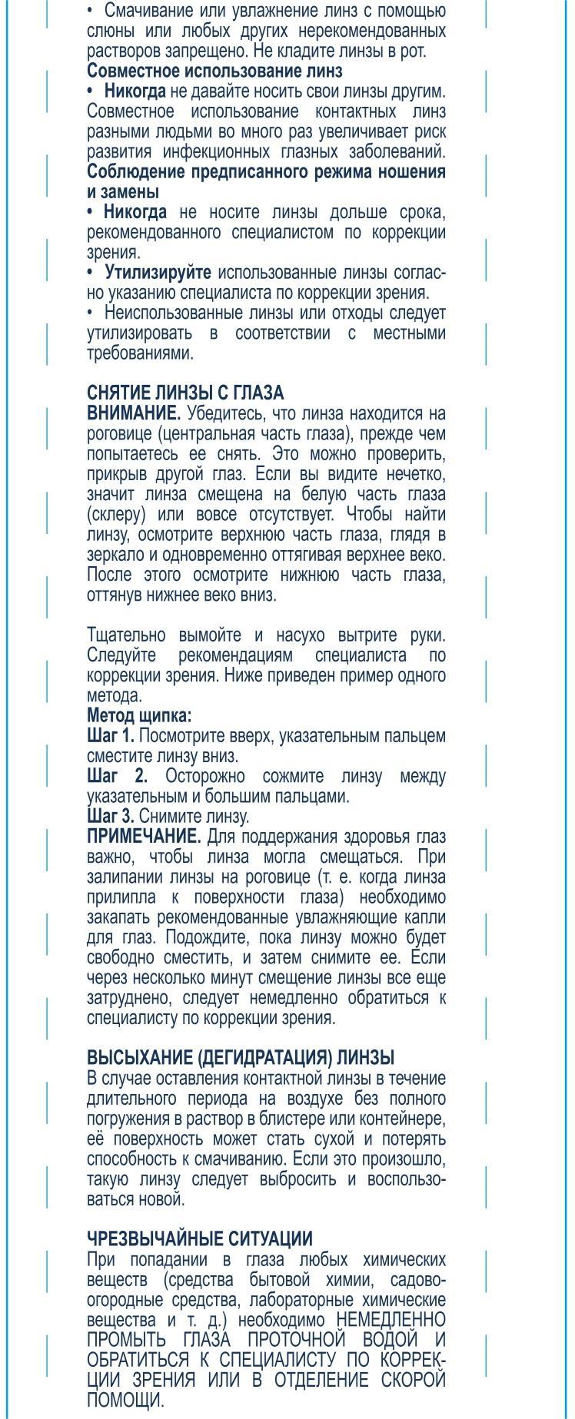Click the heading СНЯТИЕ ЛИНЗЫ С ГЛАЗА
pos(185,393)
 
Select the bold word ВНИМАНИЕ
pos(134,413)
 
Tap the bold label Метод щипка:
pos(139,716)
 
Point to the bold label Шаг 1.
pos(111,736)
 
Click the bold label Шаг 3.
pos(111,816)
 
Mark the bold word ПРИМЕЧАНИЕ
pos(144,836)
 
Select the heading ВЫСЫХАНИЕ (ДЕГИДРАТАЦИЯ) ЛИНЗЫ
pos(241,1057)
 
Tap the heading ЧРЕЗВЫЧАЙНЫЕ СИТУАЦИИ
pos(200,1238)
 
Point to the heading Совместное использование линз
pos(214,71)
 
